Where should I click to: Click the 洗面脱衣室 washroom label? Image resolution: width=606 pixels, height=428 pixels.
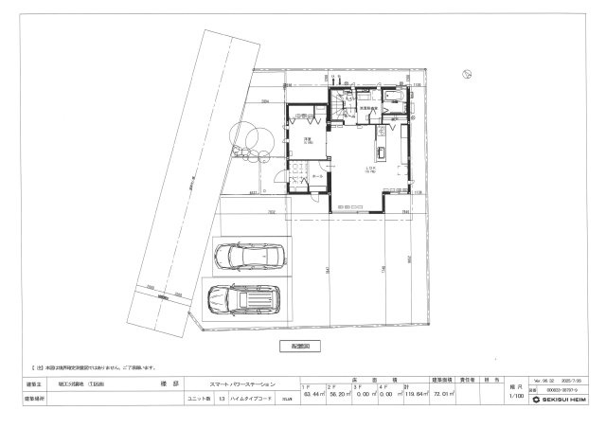pos(368,110)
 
